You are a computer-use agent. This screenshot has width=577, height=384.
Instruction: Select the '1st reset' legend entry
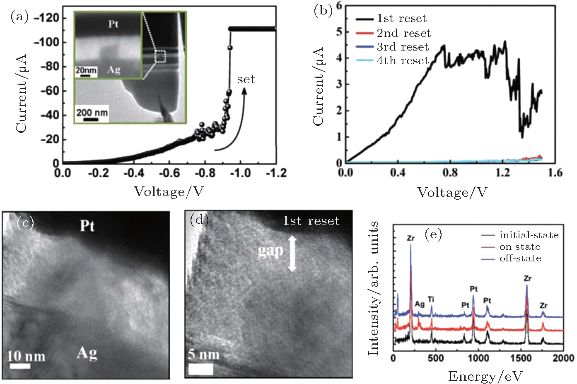tap(401, 19)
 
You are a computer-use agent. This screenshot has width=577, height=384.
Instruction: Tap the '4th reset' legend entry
tap(402, 60)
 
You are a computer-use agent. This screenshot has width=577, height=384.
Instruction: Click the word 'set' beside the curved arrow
tap(246, 79)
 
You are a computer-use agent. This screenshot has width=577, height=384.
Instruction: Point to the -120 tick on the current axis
tap(47, 18)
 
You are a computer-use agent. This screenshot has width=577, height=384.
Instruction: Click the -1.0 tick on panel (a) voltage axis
tap(241, 173)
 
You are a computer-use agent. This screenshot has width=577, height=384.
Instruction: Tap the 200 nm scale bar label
tap(92, 113)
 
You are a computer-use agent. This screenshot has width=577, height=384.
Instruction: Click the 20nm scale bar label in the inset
tap(86, 70)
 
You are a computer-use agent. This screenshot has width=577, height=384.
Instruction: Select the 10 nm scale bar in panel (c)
tap(20, 366)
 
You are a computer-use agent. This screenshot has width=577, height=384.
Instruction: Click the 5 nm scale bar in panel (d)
tap(201, 369)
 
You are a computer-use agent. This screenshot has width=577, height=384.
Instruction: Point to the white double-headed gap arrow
tap(292, 253)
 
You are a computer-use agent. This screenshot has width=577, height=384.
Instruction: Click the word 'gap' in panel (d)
tap(270, 251)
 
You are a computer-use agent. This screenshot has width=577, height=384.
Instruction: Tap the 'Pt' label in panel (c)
tap(87, 226)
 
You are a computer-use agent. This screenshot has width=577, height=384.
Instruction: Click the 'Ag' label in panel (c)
tap(87, 353)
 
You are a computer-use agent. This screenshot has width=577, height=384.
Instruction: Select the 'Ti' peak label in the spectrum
tap(431, 299)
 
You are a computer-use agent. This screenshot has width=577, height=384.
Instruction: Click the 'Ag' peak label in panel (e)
tap(420, 304)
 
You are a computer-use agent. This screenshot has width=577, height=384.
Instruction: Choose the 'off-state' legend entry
tap(520, 258)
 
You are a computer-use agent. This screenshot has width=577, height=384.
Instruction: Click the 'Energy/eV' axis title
tap(485, 376)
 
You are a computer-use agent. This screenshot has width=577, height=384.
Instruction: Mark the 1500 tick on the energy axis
tap(520, 358)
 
